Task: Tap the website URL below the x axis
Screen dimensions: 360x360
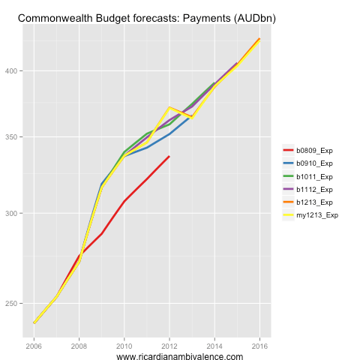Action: click(x=180, y=357)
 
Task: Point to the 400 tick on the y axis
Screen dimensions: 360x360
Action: click(x=13, y=71)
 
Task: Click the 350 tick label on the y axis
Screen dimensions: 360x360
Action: click(x=13, y=137)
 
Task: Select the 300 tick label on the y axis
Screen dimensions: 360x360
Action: click(x=13, y=214)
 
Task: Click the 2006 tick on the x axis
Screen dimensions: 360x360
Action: click(x=34, y=346)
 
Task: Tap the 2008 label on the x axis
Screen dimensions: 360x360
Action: click(x=79, y=346)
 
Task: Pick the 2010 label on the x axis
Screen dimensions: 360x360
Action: click(x=124, y=346)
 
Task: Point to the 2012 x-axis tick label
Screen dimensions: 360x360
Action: click(x=169, y=346)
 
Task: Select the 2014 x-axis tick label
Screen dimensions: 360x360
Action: click(x=214, y=346)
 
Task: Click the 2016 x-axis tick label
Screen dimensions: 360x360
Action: click(x=259, y=346)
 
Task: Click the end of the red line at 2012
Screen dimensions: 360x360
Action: click(x=169, y=156)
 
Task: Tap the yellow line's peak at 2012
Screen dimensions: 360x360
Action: click(x=169, y=107)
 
